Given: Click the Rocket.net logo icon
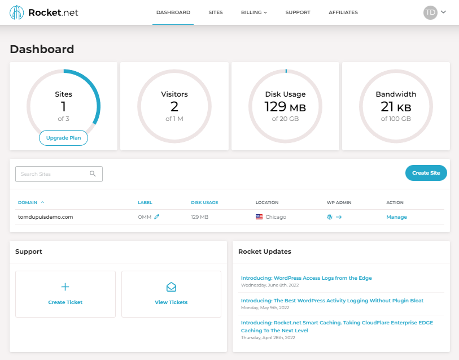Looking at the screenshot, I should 17,12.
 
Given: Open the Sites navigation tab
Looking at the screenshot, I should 215,12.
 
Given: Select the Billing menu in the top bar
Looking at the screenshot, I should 253,12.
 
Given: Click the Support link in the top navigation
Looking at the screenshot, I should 298,12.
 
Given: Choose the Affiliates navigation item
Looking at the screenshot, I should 343,12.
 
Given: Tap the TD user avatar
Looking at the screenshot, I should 430,12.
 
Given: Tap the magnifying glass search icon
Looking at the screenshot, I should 93,174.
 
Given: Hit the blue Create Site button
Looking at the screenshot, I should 426,173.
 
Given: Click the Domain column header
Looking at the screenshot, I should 28,202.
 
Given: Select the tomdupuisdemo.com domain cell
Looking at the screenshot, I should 46,217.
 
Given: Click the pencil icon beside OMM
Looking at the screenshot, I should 157,217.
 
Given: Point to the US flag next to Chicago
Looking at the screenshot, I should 259,217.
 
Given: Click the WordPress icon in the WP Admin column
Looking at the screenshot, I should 330,217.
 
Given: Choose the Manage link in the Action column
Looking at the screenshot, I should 396,217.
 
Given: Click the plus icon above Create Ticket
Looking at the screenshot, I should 65,287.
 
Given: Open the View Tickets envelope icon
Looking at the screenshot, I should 171,287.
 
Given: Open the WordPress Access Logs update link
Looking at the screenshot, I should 306,278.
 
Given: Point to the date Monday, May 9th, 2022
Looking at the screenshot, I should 265,307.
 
